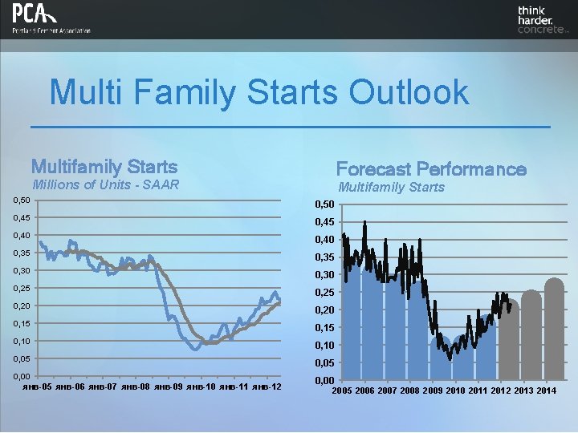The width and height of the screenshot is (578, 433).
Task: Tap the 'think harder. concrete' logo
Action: (543, 19)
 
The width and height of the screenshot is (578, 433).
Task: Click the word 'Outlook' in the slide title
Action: (408, 92)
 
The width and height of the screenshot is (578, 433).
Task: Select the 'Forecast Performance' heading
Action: (431, 168)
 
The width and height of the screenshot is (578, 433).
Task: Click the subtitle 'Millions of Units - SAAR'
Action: (104, 185)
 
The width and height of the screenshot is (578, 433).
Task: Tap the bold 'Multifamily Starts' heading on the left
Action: (104, 167)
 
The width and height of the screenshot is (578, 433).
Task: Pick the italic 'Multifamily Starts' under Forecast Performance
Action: (391, 187)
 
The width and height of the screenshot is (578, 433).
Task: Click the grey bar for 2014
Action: (554, 329)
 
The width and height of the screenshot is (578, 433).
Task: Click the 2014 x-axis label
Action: (547, 391)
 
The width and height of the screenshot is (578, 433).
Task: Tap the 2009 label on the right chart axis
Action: (433, 391)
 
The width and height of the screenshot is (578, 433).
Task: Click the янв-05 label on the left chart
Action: (36, 387)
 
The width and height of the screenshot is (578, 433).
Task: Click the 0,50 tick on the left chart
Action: (20, 200)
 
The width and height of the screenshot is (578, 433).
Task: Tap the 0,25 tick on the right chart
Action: (324, 293)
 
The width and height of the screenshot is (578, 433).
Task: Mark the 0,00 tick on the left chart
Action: (20, 376)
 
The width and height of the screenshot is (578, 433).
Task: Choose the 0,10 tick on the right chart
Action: (324, 346)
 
